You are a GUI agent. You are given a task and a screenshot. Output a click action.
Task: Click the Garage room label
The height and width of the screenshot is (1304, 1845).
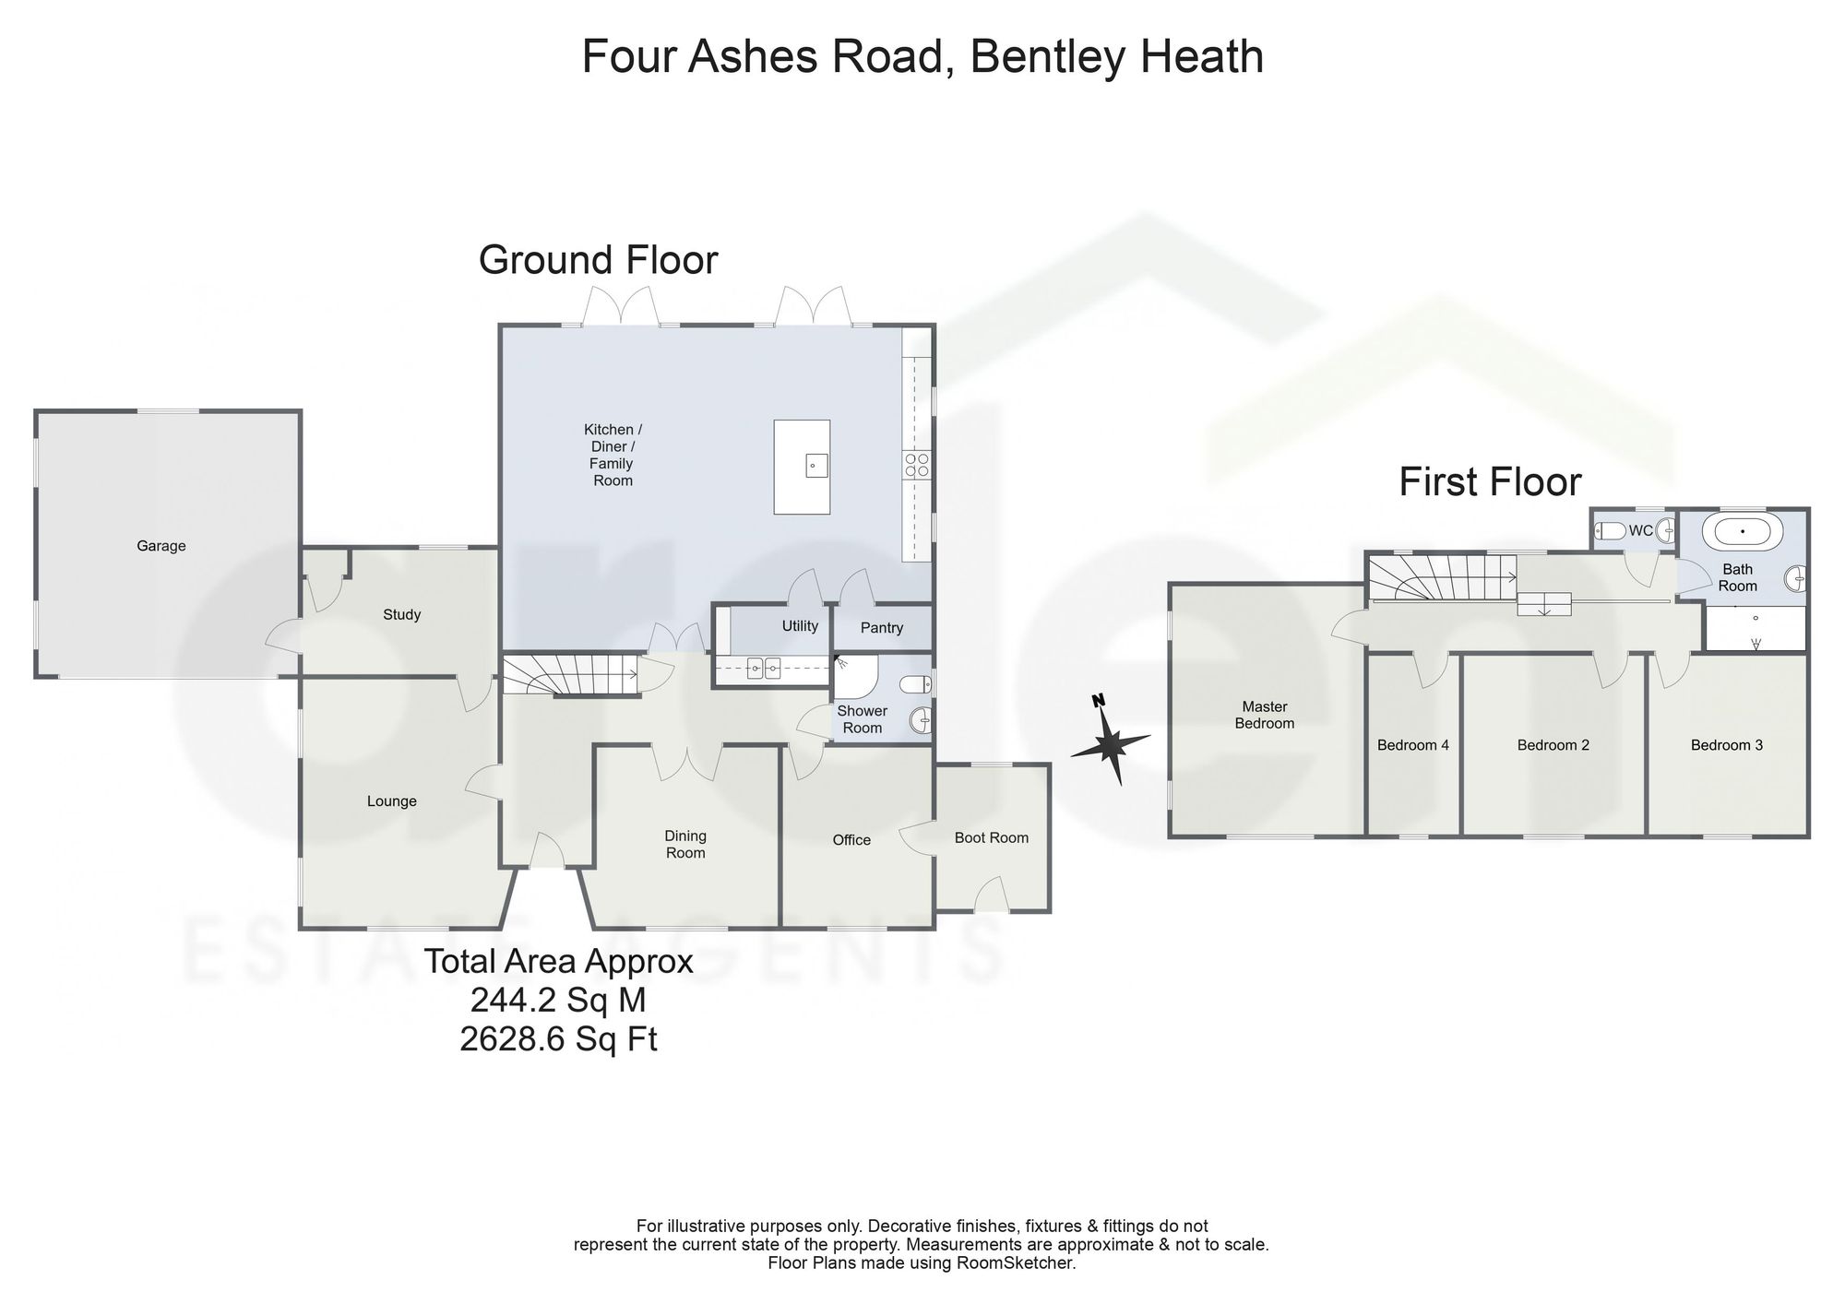(x=161, y=546)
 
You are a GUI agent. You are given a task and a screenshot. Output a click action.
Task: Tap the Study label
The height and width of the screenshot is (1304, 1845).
(x=402, y=614)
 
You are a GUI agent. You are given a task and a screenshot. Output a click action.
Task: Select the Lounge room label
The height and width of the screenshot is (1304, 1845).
(x=392, y=801)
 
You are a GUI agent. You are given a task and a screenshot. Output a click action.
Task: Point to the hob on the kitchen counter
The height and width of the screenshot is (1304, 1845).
(x=916, y=465)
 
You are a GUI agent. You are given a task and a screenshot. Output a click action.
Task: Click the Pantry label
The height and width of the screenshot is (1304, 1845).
(x=882, y=628)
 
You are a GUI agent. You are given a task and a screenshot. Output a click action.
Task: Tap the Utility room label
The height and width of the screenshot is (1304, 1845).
(x=800, y=626)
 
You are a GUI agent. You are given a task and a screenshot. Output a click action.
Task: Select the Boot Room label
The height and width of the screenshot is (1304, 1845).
(x=992, y=837)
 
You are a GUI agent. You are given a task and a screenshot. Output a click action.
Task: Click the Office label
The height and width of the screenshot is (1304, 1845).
(x=851, y=840)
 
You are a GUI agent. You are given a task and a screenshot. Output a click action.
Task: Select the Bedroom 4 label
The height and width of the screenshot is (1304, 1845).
(x=1413, y=745)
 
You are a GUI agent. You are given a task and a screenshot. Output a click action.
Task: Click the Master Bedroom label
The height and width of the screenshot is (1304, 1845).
(x=1265, y=715)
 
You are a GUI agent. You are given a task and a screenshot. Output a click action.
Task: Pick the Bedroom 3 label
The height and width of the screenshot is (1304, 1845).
(x=1727, y=745)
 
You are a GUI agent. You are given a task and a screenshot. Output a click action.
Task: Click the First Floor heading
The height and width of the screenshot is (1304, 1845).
(x=1490, y=482)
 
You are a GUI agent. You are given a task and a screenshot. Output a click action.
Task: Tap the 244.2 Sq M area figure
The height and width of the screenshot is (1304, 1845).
(x=558, y=1000)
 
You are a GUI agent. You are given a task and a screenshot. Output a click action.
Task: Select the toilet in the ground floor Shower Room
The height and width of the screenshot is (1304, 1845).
(x=916, y=684)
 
